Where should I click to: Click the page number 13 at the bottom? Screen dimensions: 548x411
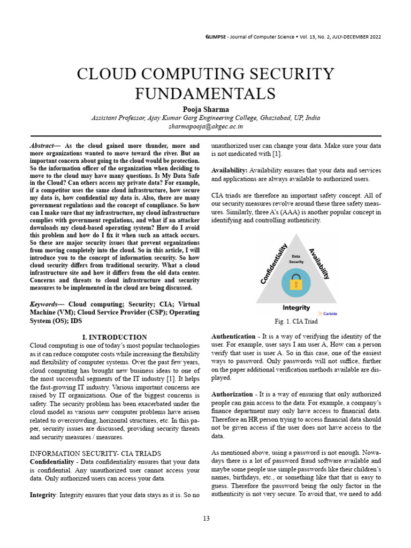click(x=205, y=519)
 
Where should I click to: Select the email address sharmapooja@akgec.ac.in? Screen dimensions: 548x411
click(x=205, y=127)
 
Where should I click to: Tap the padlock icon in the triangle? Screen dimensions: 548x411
click(x=296, y=282)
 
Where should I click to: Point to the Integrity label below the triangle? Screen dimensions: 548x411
click(x=296, y=308)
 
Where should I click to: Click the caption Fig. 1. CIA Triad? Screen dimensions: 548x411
click(x=296, y=322)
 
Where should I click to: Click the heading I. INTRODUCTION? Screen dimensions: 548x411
click(x=115, y=337)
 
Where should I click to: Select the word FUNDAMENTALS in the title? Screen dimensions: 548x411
click(x=205, y=93)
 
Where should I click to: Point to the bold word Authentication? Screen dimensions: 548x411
click(x=233, y=337)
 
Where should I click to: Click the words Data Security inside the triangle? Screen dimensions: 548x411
click(x=296, y=259)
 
